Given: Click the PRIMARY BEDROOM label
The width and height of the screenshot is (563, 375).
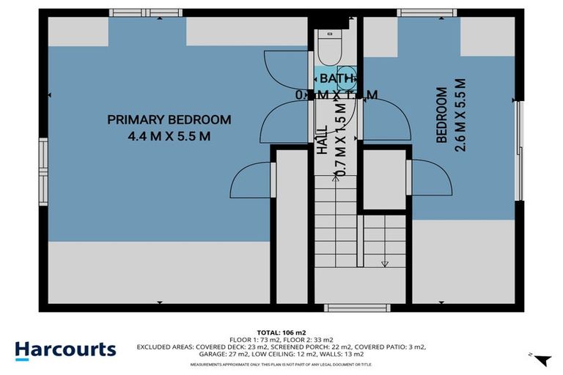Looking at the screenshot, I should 169,119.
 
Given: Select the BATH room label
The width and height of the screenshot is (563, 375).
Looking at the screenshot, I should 335,78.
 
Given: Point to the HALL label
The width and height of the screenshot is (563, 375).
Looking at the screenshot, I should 322,138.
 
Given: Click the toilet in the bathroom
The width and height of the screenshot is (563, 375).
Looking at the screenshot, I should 326,48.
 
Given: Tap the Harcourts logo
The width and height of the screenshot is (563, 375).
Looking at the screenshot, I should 65,349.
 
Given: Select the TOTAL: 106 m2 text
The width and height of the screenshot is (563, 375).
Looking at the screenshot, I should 281,331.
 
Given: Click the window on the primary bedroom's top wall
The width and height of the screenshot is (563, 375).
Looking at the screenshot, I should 145,12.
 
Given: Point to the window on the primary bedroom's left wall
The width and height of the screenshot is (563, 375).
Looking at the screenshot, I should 43,171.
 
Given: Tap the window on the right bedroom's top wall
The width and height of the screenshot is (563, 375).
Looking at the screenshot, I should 427,12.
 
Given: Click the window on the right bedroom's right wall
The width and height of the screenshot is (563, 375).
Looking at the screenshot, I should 519,150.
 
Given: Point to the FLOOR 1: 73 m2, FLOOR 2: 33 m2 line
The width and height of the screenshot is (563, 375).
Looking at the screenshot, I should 281,339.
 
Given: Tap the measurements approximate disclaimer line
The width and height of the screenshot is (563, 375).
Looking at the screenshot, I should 281,364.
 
